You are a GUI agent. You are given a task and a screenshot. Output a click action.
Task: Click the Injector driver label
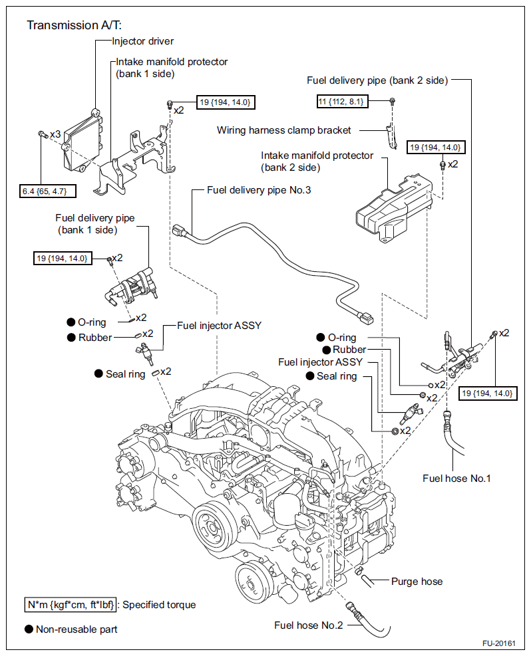click(143, 41)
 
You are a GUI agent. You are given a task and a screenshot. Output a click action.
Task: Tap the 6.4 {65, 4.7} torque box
click(48, 191)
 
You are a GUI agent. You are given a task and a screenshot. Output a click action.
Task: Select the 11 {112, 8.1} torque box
click(343, 101)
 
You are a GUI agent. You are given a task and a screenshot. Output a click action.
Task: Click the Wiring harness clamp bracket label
click(283, 130)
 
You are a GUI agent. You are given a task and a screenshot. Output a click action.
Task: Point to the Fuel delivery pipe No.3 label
click(259, 190)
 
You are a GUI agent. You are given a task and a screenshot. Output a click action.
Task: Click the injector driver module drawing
click(81, 142)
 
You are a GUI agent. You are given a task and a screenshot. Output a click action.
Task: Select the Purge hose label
click(417, 581)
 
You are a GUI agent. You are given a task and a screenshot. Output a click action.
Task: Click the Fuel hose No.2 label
click(308, 625)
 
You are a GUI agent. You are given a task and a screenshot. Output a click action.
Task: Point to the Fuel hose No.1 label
click(456, 478)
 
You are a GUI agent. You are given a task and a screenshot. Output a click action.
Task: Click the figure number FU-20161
click(499, 643)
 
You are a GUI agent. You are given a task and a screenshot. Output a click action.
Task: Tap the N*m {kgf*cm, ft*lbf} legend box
click(71, 605)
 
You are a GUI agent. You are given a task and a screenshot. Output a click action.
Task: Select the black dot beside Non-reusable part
click(29, 629)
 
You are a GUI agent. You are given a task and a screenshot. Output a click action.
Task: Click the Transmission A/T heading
click(74, 25)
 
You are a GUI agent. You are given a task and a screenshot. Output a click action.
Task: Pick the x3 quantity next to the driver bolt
click(55, 134)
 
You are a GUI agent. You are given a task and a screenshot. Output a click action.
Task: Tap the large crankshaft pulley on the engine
click(215, 526)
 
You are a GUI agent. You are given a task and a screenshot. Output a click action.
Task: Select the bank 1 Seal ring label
click(125, 374)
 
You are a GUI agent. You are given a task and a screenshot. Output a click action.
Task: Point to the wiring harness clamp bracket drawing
click(391, 136)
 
